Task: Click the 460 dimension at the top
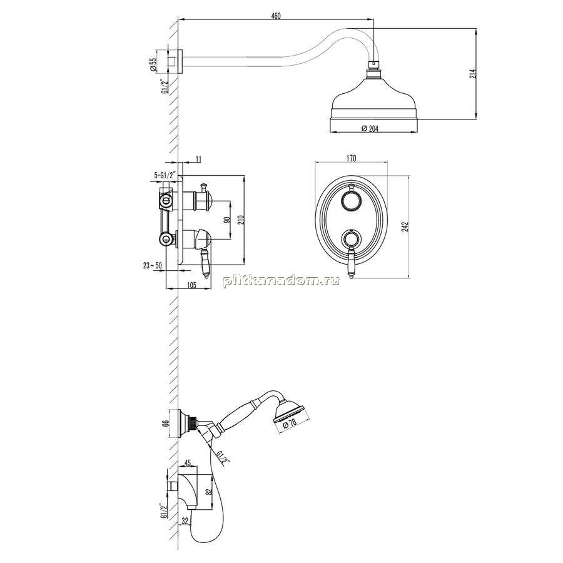pos(276,16)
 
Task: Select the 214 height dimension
pos(473,74)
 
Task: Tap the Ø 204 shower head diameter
pos(370,128)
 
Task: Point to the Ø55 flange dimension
pos(153,64)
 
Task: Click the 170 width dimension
pos(352,158)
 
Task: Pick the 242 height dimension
pos(406,227)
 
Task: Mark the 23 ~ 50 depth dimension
pos(152,265)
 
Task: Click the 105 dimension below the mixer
pos(192,285)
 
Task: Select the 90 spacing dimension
pos(226,220)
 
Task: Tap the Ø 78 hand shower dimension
pos(290,424)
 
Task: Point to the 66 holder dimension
pos(166,424)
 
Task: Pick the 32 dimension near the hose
pos(185,520)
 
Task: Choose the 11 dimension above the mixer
pos(200,159)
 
